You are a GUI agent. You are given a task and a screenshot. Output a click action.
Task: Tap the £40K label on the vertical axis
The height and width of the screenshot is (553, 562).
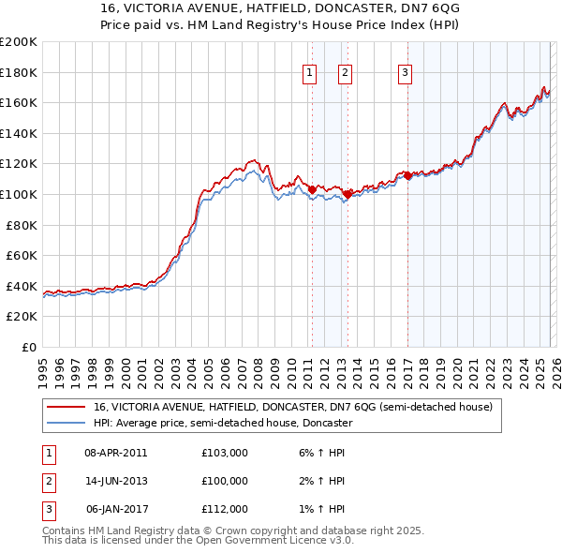tap(22, 286)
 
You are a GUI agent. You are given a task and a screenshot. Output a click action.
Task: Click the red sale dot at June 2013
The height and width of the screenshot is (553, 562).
tap(348, 194)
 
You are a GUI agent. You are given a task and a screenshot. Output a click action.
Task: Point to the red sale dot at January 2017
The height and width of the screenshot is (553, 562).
tap(407, 175)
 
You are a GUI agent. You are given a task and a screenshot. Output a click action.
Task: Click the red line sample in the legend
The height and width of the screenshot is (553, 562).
tap(67, 408)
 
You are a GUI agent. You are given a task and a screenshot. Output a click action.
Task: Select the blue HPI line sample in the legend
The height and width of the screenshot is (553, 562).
tap(67, 424)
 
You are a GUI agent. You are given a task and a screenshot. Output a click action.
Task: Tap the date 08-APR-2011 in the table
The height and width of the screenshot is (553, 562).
tap(116, 453)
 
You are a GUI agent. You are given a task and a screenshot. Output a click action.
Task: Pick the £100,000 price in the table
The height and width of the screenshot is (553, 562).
tap(225, 481)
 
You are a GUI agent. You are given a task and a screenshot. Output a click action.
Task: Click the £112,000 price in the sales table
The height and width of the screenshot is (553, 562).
tap(225, 509)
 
